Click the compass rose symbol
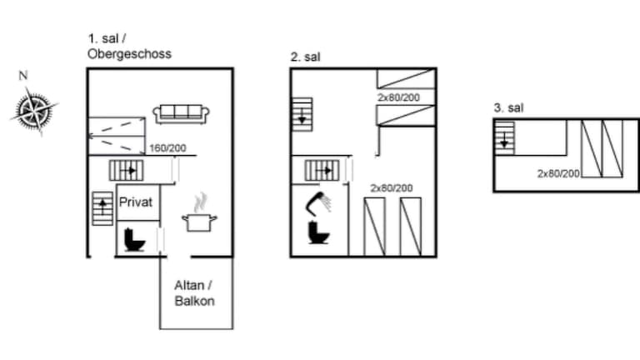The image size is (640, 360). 34,110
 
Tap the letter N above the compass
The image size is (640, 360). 23,76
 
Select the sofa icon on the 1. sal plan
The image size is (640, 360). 181,114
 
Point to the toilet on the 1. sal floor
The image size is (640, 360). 134,240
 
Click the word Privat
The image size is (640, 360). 136,202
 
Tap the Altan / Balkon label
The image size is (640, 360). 194,293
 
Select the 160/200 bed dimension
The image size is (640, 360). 167,148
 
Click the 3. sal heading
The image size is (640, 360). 508,107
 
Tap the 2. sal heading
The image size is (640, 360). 305,57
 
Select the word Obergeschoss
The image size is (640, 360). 129,54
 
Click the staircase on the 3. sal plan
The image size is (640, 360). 504,138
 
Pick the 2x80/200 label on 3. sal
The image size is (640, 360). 558,173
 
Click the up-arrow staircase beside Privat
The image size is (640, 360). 102,208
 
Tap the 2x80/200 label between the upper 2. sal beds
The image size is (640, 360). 399,97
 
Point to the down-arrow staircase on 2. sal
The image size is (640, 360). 302,114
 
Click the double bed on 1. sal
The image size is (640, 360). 117,136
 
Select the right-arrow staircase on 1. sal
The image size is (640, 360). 127,170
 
